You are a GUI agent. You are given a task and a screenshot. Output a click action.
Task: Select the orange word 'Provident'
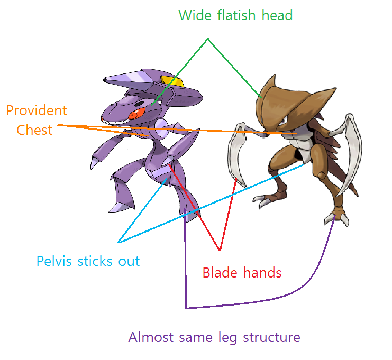click(37, 111)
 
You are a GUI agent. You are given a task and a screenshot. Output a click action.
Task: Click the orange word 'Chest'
click(35, 130)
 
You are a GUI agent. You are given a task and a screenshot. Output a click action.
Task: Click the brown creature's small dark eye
click(284, 122)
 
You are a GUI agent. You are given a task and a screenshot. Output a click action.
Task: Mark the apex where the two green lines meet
click(208, 38)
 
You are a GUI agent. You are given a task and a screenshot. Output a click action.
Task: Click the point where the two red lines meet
click(219, 250)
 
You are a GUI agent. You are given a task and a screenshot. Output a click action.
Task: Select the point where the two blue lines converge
click(119, 242)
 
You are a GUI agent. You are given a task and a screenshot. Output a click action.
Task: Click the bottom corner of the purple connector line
click(186, 308)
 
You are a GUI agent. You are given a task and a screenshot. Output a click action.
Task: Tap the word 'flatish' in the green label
click(236, 15)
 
